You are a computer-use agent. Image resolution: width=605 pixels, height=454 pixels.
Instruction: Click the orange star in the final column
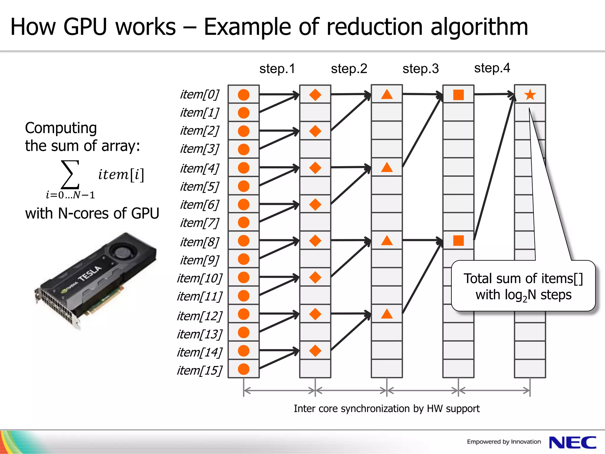point(530,95)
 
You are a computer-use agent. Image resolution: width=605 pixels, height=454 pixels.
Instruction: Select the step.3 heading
point(420,69)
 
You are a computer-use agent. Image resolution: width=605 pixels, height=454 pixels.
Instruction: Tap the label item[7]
point(200,223)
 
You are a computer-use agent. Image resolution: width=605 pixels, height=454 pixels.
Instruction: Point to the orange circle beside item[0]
point(244,95)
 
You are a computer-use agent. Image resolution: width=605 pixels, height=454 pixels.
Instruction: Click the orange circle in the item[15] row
point(244,369)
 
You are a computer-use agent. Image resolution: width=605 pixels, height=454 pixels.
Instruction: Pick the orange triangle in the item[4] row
point(387,168)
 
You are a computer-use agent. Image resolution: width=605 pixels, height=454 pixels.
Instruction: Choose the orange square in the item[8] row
point(458,241)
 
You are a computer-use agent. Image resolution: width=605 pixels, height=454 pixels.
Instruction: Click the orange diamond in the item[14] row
point(315,351)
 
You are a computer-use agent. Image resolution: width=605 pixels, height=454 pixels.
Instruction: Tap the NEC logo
point(573,442)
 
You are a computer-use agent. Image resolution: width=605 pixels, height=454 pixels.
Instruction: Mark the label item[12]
point(200,316)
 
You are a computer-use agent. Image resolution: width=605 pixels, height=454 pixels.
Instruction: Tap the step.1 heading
point(277,69)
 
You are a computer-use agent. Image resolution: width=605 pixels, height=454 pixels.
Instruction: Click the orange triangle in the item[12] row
point(387,314)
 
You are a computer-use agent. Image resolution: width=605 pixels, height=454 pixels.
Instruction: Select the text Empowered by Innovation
point(504,442)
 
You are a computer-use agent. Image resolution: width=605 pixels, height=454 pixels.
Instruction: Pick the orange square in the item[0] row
point(458,95)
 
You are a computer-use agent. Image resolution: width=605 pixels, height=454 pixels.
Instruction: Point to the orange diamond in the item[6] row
point(315,205)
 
